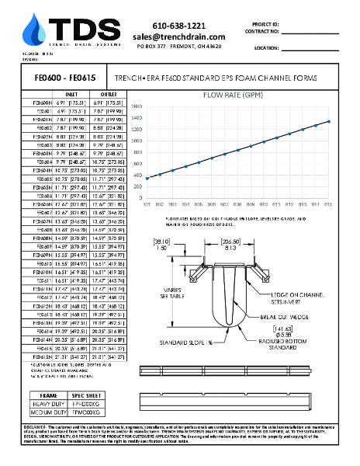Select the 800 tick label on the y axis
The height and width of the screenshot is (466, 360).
(x=137, y=154)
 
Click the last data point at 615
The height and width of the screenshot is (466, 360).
(x=329, y=121)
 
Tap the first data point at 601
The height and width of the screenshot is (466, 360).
(x=147, y=179)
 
